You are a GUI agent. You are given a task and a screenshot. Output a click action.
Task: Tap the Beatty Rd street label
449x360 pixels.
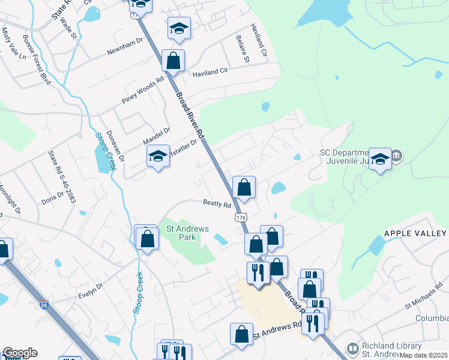click(217, 205)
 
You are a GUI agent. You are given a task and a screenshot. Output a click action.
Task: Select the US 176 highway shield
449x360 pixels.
click(241, 219)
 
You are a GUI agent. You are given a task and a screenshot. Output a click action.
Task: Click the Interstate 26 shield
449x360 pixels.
click(44, 305)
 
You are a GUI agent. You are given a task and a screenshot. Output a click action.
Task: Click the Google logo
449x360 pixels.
click(19, 353)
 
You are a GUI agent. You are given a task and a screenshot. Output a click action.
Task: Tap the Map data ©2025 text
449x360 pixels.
click(424, 355)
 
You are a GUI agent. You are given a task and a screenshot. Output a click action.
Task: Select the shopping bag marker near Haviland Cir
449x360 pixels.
click(173, 61)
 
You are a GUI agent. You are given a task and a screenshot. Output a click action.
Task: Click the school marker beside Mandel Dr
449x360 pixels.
click(158, 157)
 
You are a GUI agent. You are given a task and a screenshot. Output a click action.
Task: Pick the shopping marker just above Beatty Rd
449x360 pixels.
click(244, 187)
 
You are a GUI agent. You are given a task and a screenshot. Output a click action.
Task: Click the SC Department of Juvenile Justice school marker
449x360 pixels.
click(379, 159)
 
